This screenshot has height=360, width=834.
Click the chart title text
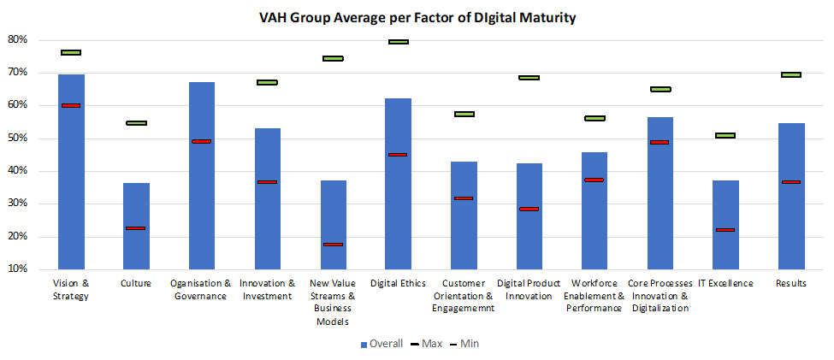[x=417, y=17]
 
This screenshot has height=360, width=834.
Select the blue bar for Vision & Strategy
[x=71, y=171]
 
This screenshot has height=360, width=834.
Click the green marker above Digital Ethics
[x=399, y=41]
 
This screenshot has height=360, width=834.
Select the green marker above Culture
[x=136, y=123]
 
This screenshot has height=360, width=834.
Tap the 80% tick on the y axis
[x=18, y=40]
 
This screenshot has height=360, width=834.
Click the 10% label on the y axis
[x=18, y=269]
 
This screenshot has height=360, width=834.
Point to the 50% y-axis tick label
[x=18, y=139]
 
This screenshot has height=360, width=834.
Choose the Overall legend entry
[x=383, y=344]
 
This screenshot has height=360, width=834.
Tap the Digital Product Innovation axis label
[x=529, y=289]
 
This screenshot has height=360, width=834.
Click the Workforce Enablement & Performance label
[x=594, y=296]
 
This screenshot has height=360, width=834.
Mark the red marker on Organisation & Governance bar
[x=202, y=141]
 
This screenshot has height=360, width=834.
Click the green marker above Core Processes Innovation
[x=660, y=89]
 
